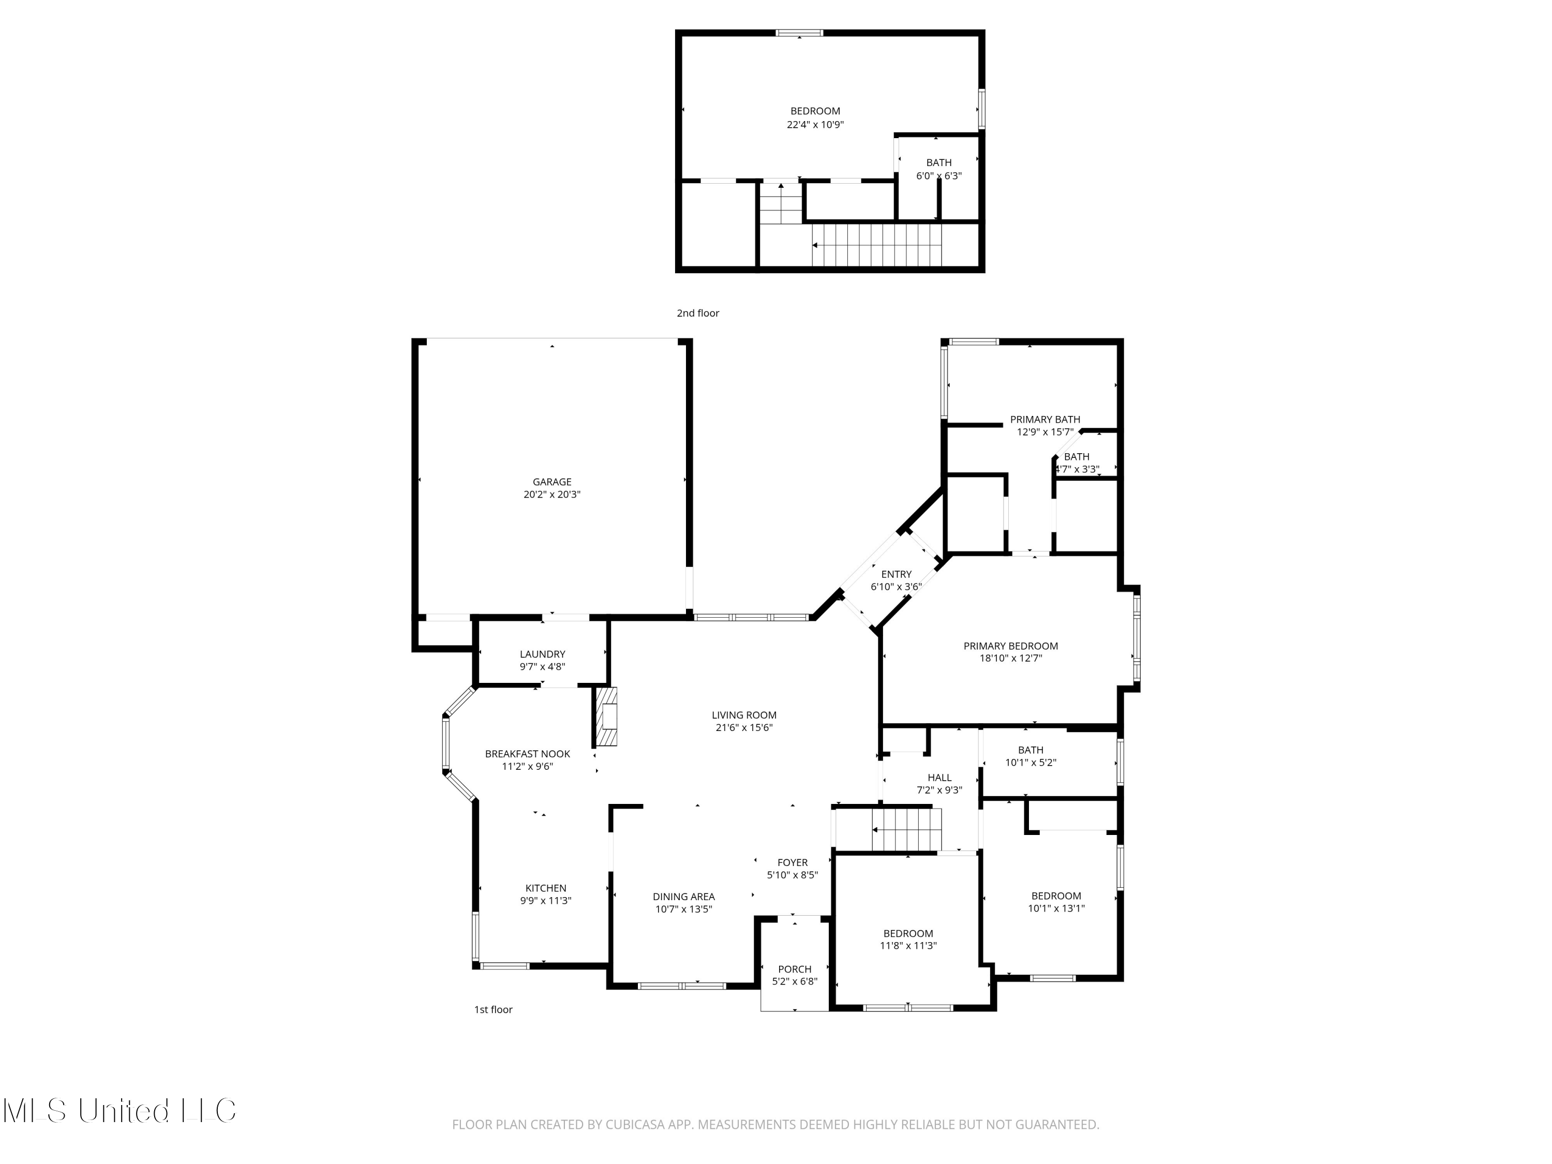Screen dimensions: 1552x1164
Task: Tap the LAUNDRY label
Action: [542, 654]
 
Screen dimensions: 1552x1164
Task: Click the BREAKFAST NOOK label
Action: [528, 754]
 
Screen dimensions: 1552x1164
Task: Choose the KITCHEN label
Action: [546, 888]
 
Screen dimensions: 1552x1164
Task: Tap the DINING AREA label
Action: [683, 897]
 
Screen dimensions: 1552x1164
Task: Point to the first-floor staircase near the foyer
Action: [906, 829]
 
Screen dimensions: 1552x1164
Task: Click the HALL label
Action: [939, 778]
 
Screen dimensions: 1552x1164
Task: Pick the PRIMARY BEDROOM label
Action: [1010, 646]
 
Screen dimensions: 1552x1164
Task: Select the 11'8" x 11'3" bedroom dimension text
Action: [908, 946]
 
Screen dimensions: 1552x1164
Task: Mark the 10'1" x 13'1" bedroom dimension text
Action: [1056, 908]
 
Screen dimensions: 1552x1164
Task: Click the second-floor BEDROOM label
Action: [815, 111]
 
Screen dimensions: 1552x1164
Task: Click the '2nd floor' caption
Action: [697, 314]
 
